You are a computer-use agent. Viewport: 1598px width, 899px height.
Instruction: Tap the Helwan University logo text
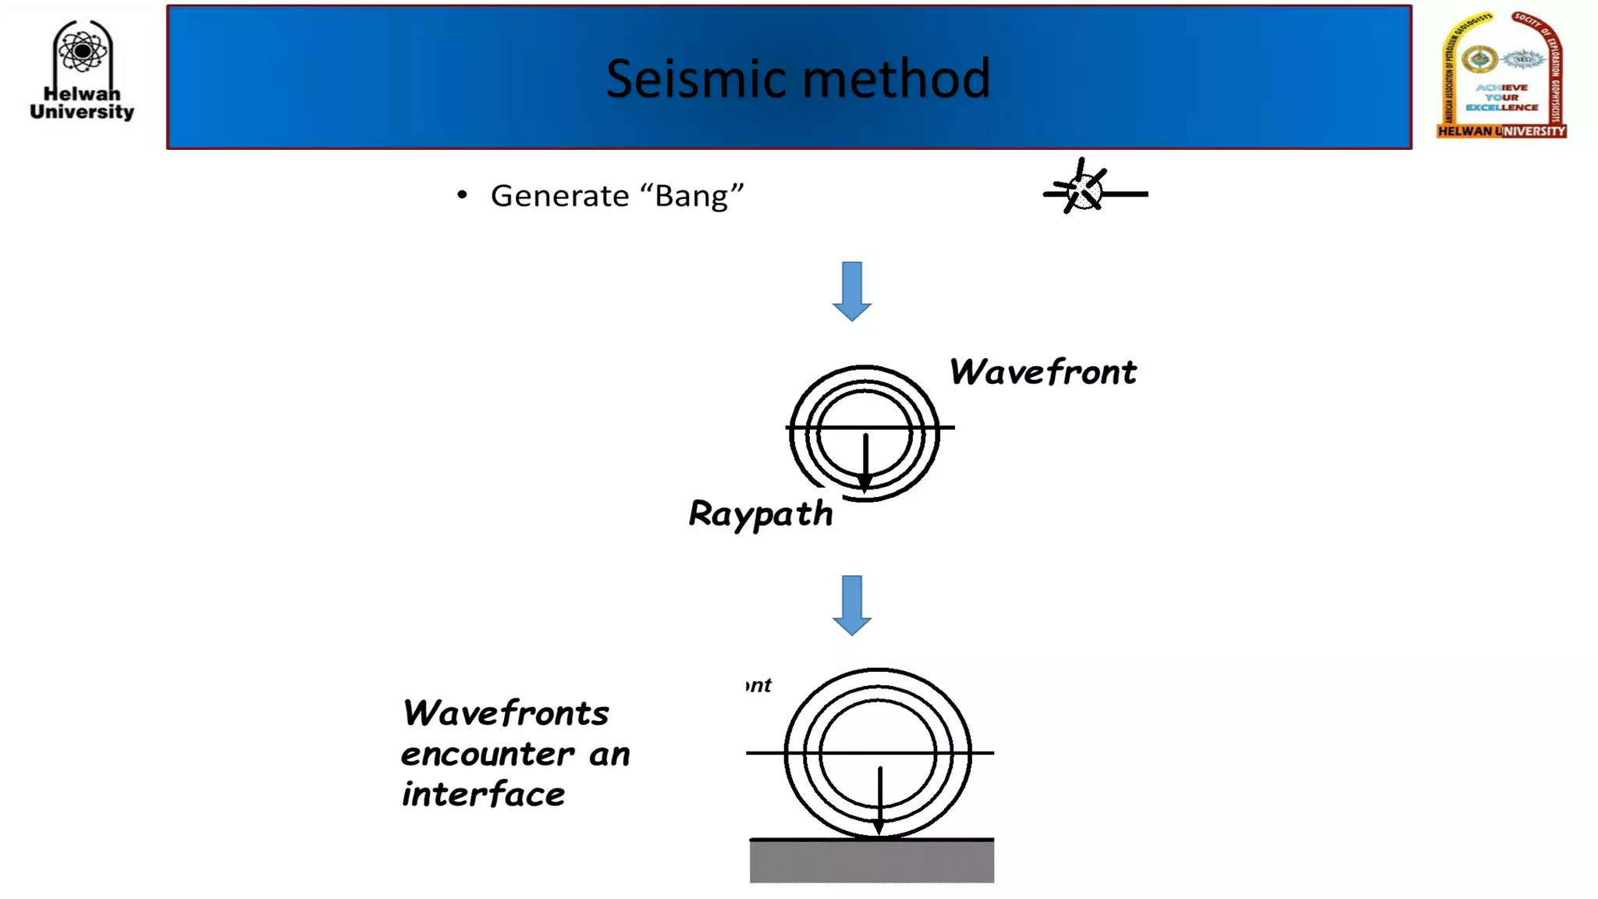(82, 103)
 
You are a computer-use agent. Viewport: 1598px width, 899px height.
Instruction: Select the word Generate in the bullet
(559, 196)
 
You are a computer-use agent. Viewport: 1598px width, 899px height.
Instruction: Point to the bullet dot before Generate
(462, 194)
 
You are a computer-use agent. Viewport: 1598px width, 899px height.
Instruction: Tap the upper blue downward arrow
(851, 291)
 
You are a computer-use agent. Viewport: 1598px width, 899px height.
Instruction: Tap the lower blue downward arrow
(851, 605)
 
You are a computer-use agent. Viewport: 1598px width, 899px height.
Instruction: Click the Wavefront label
(1042, 372)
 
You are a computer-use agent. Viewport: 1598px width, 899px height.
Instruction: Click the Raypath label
(761, 514)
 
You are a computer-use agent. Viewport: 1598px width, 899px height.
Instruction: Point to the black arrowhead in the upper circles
(865, 482)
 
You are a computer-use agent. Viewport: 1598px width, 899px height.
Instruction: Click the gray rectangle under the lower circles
(872, 862)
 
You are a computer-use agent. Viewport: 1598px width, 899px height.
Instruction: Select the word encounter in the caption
(487, 755)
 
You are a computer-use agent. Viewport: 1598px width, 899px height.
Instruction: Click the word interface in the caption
(483, 795)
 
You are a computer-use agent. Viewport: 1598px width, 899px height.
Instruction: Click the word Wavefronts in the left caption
(505, 713)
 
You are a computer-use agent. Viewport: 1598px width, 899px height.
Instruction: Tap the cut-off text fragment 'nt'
(758, 685)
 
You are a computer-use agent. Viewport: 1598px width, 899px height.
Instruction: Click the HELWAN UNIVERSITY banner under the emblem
(1501, 131)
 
